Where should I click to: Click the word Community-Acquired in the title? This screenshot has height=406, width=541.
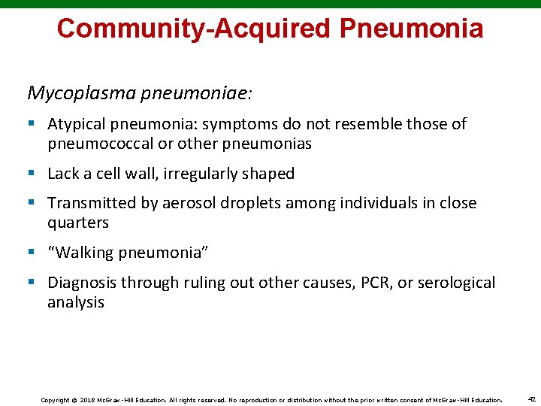tap(193, 29)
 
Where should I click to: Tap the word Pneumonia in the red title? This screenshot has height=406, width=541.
tap(411, 29)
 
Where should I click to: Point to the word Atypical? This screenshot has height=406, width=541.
tap(77, 124)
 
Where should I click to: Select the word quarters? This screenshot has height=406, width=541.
tap(78, 223)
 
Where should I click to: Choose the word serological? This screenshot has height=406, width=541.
tap(453, 283)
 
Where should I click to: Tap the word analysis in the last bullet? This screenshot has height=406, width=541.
tap(76, 302)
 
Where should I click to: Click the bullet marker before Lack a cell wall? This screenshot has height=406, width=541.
tap(32, 174)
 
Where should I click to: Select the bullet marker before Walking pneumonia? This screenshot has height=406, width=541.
tap(32, 253)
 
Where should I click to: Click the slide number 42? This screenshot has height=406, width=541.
tap(530, 400)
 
